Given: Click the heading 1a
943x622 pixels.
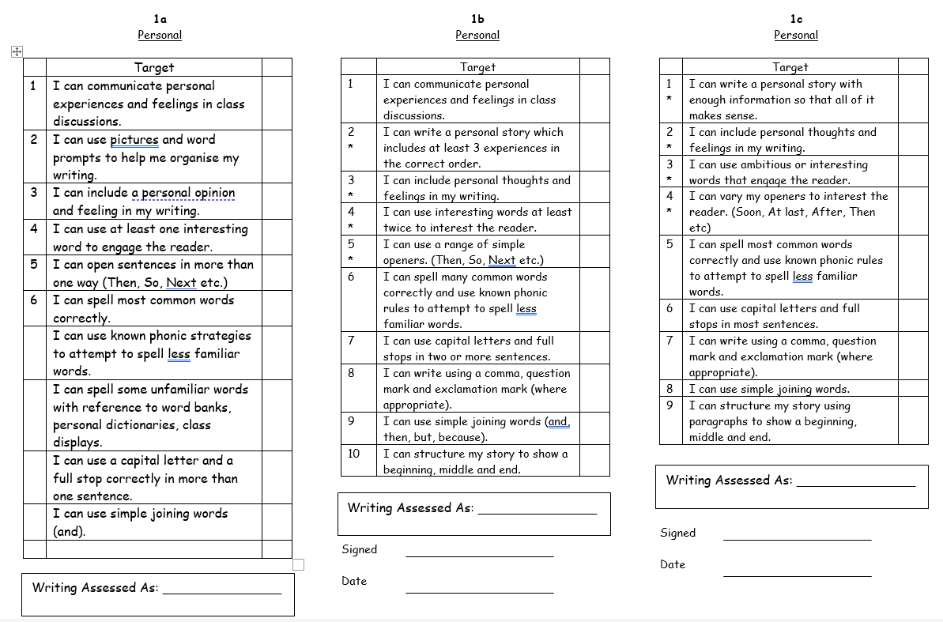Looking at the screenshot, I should (160, 18).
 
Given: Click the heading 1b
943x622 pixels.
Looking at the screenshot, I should (477, 18).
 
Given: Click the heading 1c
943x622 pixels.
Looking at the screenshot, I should (796, 18).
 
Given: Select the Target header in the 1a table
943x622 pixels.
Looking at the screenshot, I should (154, 68).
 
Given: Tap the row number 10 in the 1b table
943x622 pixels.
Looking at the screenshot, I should (353, 454).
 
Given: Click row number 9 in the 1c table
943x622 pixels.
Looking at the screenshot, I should (670, 405).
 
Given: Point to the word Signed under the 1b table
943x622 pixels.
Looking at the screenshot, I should (360, 549).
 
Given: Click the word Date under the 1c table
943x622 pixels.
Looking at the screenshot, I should (673, 564).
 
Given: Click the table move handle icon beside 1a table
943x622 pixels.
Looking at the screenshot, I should (17, 52).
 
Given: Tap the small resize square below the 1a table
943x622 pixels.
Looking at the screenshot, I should (298, 564).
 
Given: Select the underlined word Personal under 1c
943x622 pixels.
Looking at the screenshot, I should (796, 36).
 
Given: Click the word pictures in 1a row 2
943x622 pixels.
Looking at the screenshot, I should (134, 140).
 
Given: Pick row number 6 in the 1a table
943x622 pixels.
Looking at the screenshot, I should (34, 300).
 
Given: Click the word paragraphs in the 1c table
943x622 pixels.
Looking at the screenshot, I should (717, 421).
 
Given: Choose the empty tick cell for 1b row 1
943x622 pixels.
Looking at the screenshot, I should (594, 100).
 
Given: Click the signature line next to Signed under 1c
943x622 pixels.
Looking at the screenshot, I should (797, 540).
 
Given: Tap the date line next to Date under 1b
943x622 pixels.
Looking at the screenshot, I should (479, 591).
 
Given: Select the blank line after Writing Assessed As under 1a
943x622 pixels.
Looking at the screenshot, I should (221, 592).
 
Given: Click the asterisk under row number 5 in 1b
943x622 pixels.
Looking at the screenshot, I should (351, 260).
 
